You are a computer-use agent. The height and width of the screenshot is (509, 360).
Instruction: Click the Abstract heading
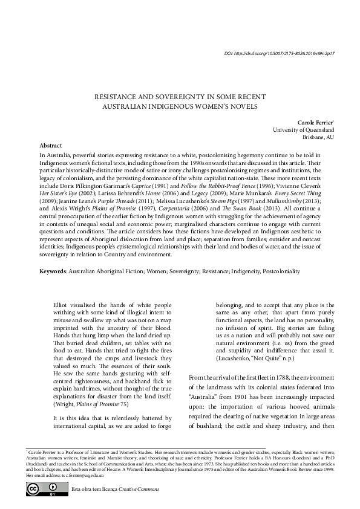(x=50, y=146)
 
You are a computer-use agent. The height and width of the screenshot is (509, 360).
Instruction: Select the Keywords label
(x=52, y=271)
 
